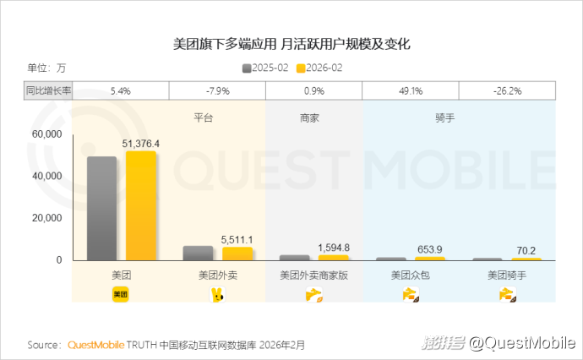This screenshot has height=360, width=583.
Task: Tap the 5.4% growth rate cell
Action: pos(122,90)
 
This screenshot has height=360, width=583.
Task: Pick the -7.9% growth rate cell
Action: pos(218,90)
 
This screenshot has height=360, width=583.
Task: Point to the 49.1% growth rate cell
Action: pos(411,90)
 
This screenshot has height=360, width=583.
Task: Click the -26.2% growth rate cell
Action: pos(508,90)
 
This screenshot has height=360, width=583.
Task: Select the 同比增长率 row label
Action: pos(48,90)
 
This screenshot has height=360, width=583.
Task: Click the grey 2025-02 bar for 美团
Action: pos(102,208)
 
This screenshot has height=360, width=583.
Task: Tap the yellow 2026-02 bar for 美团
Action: pos(140,205)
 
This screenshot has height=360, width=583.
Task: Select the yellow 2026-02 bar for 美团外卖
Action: pos(237,254)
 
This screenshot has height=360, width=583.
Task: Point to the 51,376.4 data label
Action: pos(141,144)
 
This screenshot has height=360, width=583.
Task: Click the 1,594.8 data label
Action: pos(334,247)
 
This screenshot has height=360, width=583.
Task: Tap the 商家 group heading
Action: pos(309,118)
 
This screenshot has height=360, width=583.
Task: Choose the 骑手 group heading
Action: pos(444,118)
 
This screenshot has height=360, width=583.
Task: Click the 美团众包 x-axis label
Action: pos(411,275)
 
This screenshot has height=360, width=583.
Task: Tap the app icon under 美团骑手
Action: pos(508,294)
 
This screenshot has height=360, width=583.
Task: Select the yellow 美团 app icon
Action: pos(121,294)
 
